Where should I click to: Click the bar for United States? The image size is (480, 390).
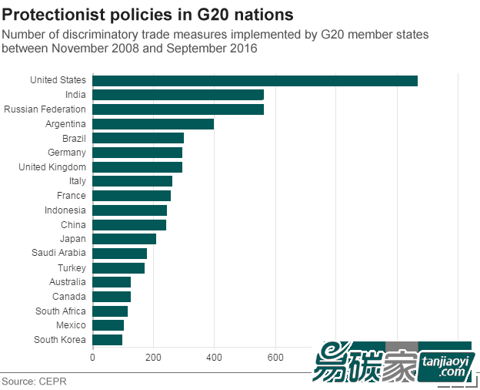(255, 81)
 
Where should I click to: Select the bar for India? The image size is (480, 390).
(178, 95)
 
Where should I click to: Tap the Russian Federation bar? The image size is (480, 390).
(178, 109)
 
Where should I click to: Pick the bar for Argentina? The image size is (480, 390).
(153, 124)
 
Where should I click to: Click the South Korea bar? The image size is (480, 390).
(107, 340)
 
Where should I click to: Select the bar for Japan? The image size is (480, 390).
(124, 239)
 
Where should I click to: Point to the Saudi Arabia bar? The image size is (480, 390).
(119, 254)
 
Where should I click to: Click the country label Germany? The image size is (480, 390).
(66, 153)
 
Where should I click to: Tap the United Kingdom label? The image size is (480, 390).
(52, 167)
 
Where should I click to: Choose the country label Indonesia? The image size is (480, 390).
(65, 210)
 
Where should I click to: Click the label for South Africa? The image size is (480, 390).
(61, 311)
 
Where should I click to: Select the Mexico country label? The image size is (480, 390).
(72, 325)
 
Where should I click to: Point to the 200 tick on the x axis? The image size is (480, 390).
(153, 357)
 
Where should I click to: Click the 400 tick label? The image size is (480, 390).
(214, 357)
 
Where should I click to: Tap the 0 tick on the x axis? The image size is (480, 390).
(92, 357)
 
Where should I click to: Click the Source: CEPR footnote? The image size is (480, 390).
(34, 382)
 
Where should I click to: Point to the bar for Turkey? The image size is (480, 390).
(118, 268)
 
